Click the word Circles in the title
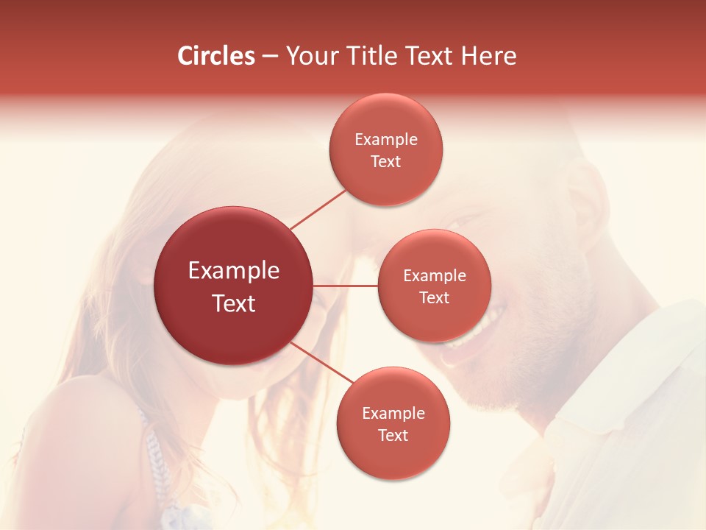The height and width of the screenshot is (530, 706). [216, 56]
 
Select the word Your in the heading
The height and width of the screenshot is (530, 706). [309, 56]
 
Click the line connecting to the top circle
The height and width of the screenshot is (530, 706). [318, 209]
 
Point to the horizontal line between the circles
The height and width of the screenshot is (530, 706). [345, 285]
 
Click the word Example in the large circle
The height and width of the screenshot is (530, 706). [233, 271]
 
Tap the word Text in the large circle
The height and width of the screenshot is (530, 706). [233, 303]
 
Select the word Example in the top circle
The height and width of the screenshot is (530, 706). [385, 139]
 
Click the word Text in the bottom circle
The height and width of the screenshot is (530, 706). [393, 435]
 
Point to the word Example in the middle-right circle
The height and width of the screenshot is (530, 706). [434, 275]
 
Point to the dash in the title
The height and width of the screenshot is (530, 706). [270, 57]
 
